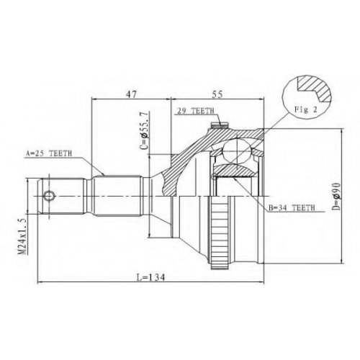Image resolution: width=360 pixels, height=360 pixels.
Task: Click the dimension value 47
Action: [132, 94]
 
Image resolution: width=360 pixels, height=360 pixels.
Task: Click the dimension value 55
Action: [217, 94]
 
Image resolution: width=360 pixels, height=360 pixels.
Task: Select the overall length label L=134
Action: [151, 277]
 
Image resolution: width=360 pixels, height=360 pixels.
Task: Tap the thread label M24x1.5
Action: [22, 236]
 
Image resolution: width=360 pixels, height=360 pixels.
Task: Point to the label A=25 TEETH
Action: [49, 153]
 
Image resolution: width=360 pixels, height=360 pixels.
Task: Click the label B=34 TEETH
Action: [292, 207]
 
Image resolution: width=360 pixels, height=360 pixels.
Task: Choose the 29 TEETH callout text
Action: [195, 111]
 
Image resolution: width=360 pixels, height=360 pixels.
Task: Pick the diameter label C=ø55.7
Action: [145, 130]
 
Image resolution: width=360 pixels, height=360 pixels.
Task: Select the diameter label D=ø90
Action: [336, 197]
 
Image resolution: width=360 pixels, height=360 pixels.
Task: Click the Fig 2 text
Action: [306, 109]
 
